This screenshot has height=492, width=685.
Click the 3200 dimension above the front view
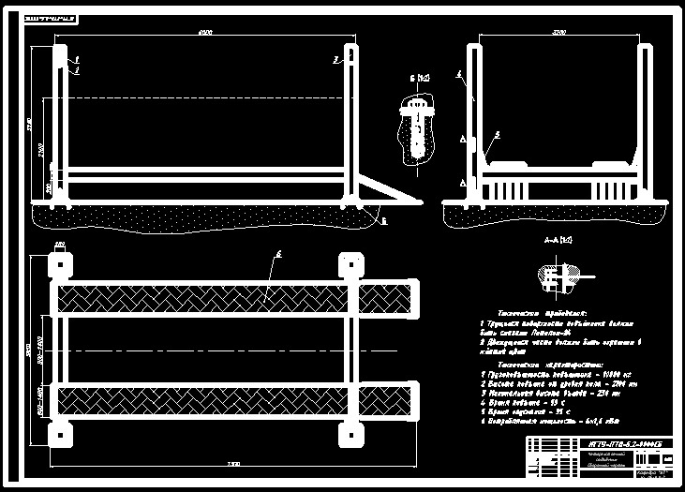pyautogui.click(x=559, y=33)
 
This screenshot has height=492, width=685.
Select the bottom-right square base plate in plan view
pyautogui.click(x=349, y=434)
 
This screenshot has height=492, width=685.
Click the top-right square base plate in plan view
pyautogui.click(x=349, y=266)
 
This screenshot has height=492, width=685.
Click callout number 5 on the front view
pyautogui.click(x=496, y=135)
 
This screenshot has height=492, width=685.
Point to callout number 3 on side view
pyautogui.click(x=335, y=59)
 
